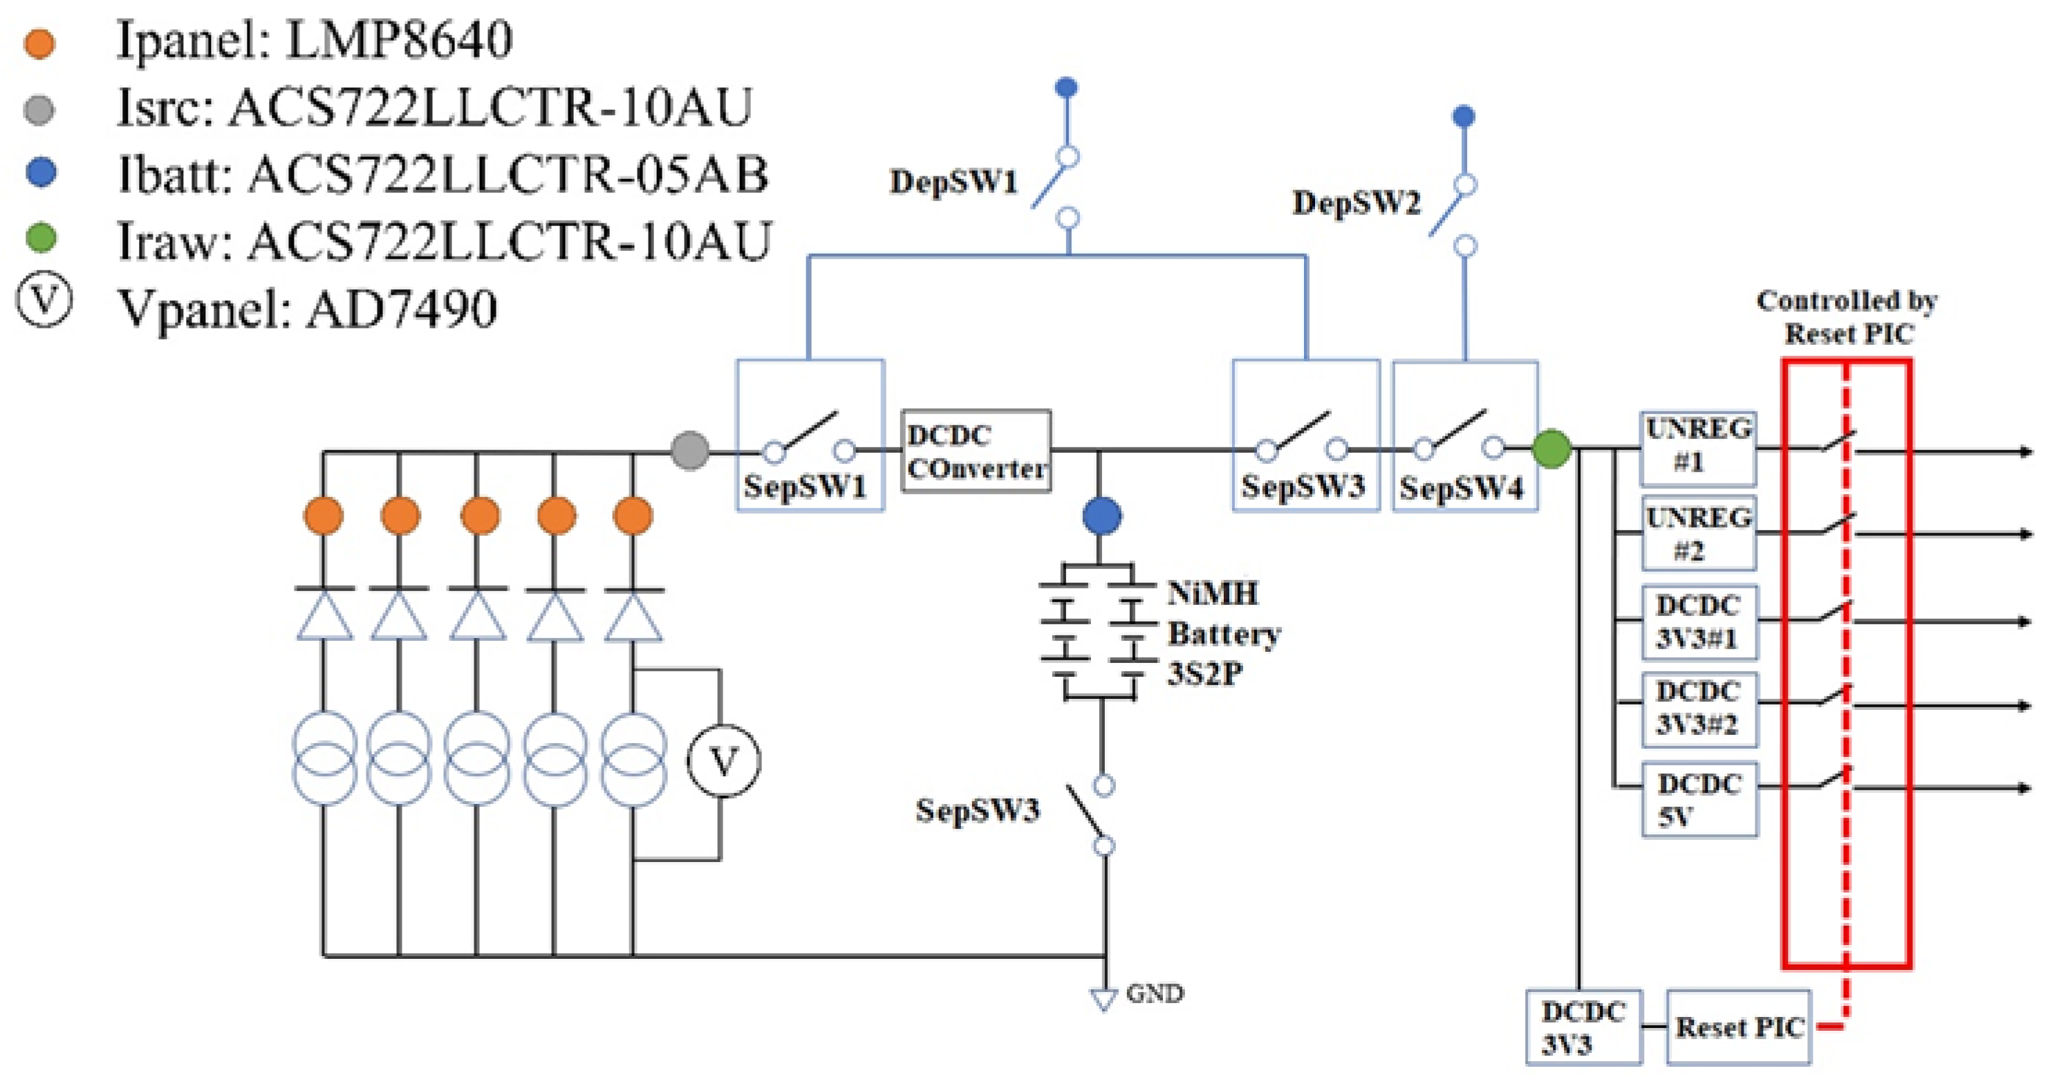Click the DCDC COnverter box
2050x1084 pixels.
coord(976,451)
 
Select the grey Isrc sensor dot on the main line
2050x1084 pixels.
coord(689,451)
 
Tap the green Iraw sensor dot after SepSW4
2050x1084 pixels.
coord(1551,448)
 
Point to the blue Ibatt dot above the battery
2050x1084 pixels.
coord(1102,516)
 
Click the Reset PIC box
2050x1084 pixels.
coord(1738,1027)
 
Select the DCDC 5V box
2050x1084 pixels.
coord(1699,799)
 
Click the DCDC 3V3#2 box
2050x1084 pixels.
coord(1699,709)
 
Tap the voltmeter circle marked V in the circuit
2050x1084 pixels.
coord(723,761)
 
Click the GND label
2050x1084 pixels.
coord(1154,993)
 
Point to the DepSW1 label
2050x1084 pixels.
coord(953,181)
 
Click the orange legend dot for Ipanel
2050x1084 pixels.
coord(40,43)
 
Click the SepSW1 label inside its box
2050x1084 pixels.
coord(805,486)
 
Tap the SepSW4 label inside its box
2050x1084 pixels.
coord(1461,488)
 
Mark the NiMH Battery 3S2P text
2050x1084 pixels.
coord(1223,633)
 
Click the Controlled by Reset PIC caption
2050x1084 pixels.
coord(1846,317)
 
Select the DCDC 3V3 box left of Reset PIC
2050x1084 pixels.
coord(1583,1027)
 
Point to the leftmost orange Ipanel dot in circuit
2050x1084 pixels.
coord(323,516)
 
